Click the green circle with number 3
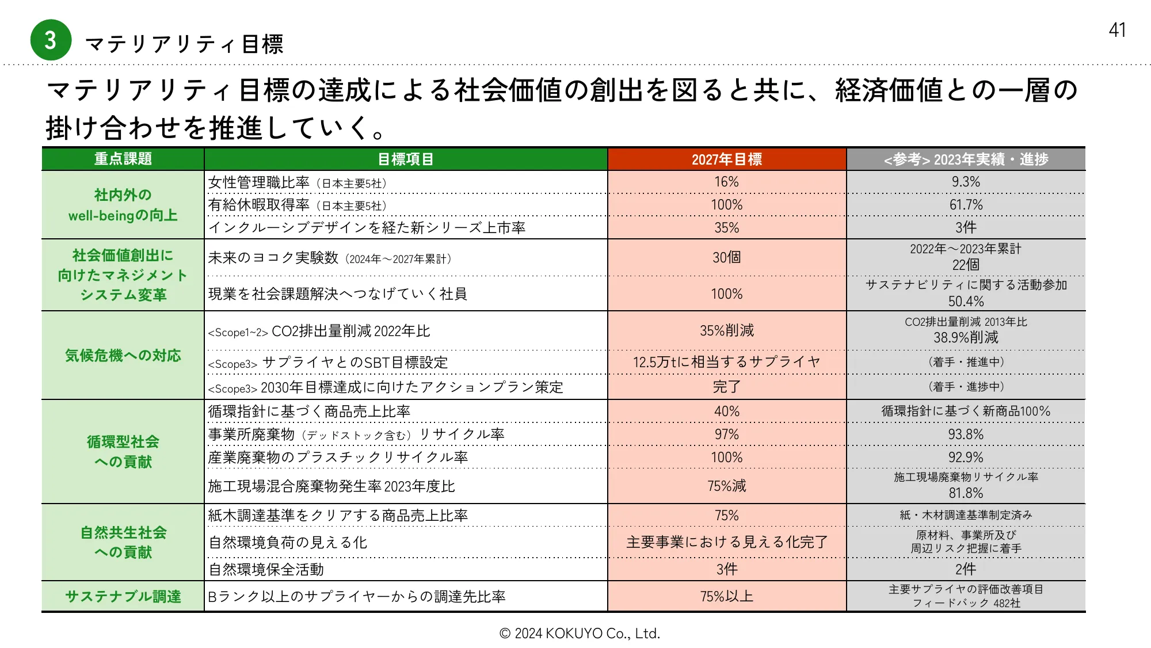coord(51,40)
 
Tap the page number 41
coord(1117,30)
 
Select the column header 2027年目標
coord(726,159)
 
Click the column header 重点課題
coord(123,159)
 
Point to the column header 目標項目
coord(405,159)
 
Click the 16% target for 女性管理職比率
coord(726,182)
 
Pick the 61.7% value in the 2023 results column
coord(966,205)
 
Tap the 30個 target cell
coord(726,257)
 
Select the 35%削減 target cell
coord(726,330)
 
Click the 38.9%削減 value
coord(966,337)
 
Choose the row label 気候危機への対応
coord(123,356)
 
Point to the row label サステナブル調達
coord(123,596)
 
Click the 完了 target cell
coord(726,387)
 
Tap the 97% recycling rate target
coord(726,434)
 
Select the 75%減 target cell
coord(726,486)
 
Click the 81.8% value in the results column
coord(966,493)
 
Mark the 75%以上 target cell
coord(726,596)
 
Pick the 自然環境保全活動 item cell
coord(266,570)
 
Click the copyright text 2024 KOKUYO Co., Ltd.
coord(580,634)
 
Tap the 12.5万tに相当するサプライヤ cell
coord(726,362)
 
